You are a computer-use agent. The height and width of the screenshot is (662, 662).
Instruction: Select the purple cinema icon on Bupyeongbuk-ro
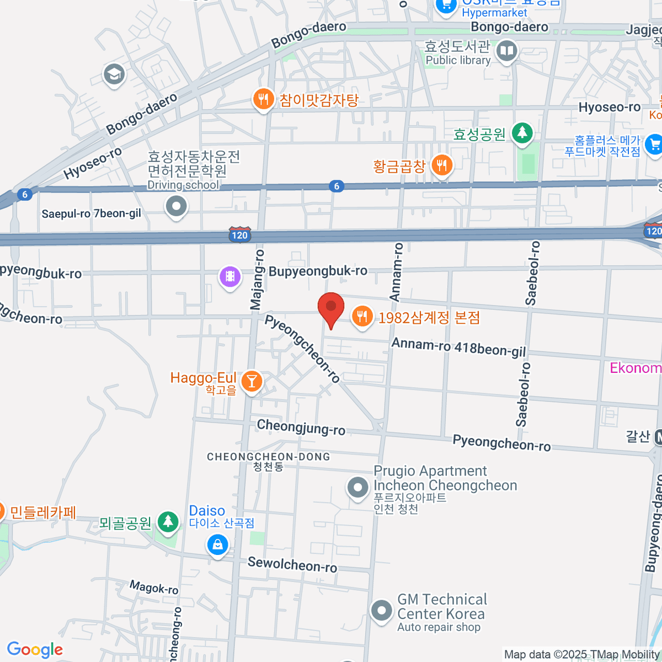[230, 276]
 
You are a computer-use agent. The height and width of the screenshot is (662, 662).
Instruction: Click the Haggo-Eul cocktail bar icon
[252, 381]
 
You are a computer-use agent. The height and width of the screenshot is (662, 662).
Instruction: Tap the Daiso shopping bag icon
[217, 546]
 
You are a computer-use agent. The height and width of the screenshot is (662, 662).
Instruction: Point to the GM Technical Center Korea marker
[381, 611]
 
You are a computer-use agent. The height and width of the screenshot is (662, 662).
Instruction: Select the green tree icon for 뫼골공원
[168, 522]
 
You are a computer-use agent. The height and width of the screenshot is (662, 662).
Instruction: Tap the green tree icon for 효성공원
[522, 133]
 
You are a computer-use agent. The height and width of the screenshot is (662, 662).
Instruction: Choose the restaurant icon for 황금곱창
[441, 165]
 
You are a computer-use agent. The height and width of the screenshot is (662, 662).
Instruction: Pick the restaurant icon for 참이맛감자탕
[263, 100]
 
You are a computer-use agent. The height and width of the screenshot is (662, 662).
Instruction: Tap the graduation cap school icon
[114, 74]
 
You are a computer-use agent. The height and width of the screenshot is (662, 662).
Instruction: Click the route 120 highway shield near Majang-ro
[239, 235]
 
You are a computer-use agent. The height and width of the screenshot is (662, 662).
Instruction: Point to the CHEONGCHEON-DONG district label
[268, 457]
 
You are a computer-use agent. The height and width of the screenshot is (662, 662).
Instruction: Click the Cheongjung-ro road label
[301, 427]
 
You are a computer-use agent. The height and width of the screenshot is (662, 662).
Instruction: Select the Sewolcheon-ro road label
[292, 564]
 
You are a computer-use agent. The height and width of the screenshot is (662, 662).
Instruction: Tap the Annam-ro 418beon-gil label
[458, 348]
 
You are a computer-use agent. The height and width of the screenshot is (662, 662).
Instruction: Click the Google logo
[35, 650]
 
